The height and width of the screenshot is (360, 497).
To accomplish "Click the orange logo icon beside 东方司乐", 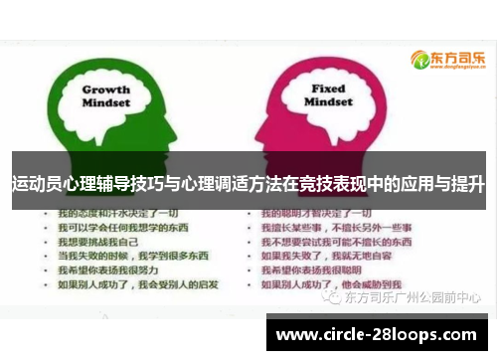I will pyautogui.click(x=418, y=59).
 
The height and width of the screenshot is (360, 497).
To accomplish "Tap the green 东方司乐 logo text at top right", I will pyautogui.click(x=458, y=57).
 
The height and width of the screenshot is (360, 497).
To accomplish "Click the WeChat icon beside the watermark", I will pyautogui.click(x=333, y=296).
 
